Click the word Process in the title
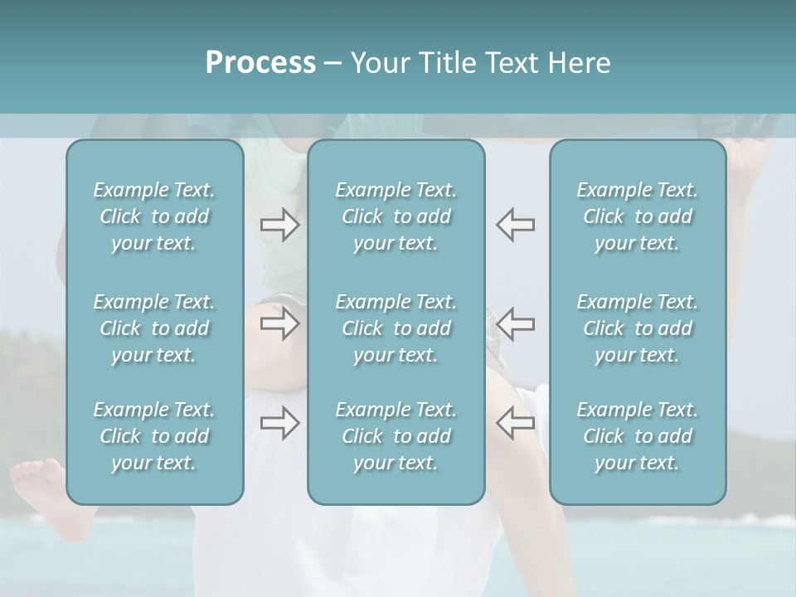pos(260,63)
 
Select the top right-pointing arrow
pos(280,225)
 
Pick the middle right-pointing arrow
pos(280,323)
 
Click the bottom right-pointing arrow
pos(280,423)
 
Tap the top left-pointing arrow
pos(515,225)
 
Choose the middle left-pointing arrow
pos(515,323)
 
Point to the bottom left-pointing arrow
pos(515,423)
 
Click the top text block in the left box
pos(154,216)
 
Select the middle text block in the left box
pos(154,328)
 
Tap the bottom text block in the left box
pos(154,436)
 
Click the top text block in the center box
pos(396,216)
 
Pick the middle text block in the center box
pos(396,328)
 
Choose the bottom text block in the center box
pos(396,436)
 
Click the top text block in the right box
pos(638,216)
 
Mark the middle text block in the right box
pos(638,328)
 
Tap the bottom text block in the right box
pos(638,436)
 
